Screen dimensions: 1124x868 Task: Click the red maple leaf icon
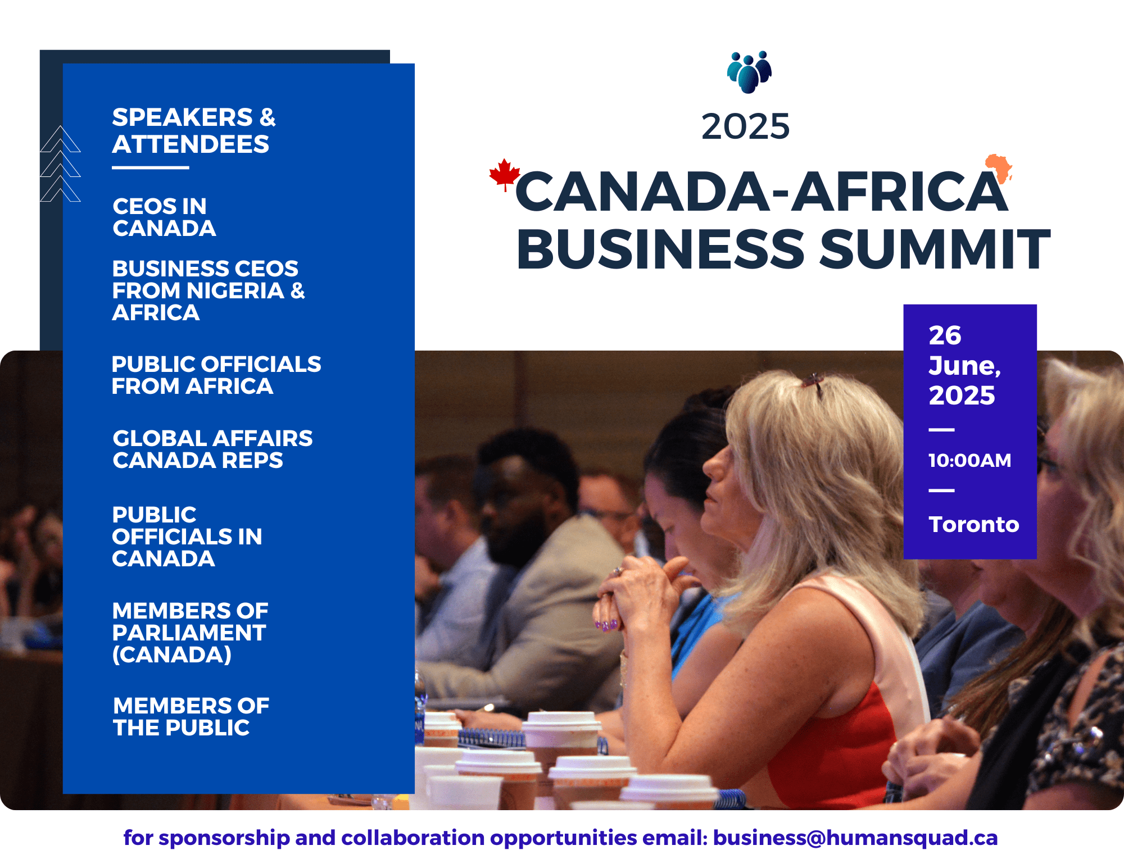(504, 174)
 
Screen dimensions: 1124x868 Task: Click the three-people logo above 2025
(749, 72)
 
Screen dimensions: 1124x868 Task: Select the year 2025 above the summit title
(745, 126)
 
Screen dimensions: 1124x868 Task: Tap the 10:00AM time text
(969, 460)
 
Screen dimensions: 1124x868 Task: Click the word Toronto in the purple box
(974, 524)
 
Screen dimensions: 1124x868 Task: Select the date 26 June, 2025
(964, 365)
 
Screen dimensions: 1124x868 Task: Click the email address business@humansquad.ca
(855, 838)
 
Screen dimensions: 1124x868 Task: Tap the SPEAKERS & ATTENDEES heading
(194, 131)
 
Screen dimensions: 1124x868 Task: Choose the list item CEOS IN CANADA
(164, 217)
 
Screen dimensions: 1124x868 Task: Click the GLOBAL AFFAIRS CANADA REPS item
(212, 449)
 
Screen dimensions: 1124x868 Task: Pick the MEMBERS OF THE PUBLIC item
(191, 716)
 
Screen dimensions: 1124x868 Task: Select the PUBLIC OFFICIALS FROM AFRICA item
(216, 375)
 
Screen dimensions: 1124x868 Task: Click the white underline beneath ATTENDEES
(151, 167)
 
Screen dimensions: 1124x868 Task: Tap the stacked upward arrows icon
(60, 163)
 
